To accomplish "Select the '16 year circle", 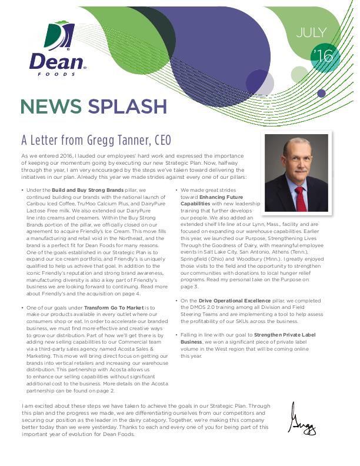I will (324, 56).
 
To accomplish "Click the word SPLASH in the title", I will (128, 106).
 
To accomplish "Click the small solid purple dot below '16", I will (321, 93).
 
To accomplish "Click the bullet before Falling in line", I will (176, 335).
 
